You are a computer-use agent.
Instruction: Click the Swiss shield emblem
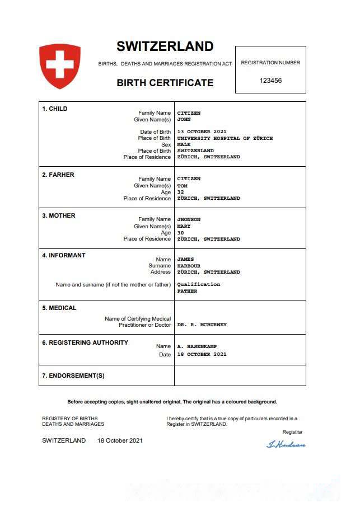coord(60,65)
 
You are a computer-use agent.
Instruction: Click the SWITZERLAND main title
coord(165,46)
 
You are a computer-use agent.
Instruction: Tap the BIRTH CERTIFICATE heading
coord(165,83)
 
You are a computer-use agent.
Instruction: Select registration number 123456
coord(270,81)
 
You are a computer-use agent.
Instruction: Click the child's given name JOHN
coord(184,119)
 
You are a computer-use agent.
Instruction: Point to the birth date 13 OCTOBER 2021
coord(202,132)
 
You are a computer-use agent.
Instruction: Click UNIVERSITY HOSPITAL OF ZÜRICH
coord(225,138)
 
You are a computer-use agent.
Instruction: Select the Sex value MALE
coord(184,144)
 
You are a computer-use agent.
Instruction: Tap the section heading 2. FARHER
coord(58,175)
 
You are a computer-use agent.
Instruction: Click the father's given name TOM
coord(182,186)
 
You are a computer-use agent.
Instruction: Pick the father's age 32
coord(180,192)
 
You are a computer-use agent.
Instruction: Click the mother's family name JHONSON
coord(189,220)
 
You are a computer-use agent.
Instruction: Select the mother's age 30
coord(180,233)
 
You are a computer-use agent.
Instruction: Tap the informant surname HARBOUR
coord(189,266)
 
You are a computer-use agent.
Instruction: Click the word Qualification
coord(199,284)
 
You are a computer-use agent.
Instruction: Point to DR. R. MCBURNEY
coord(202,325)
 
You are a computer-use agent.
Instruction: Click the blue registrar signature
coord(286,444)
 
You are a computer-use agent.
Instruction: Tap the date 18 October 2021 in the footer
coord(120,440)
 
